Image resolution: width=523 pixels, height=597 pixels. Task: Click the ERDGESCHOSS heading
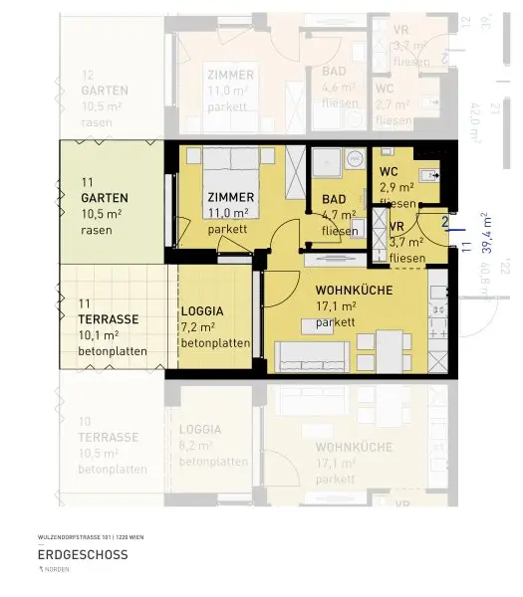(83, 554)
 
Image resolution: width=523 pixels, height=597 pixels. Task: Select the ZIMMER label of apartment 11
(230, 197)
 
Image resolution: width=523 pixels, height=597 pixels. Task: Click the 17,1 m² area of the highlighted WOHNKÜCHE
(335, 306)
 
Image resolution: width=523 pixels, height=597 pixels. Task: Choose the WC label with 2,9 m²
(389, 171)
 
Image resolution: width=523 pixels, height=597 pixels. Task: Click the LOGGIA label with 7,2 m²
(202, 310)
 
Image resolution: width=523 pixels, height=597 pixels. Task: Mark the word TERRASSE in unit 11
(109, 319)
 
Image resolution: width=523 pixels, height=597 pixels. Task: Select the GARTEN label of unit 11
(105, 198)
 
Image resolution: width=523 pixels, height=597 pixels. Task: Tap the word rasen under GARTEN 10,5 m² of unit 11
(96, 230)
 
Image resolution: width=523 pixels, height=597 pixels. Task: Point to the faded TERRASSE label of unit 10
(109, 437)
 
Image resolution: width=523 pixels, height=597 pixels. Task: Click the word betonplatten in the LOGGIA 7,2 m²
(214, 342)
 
